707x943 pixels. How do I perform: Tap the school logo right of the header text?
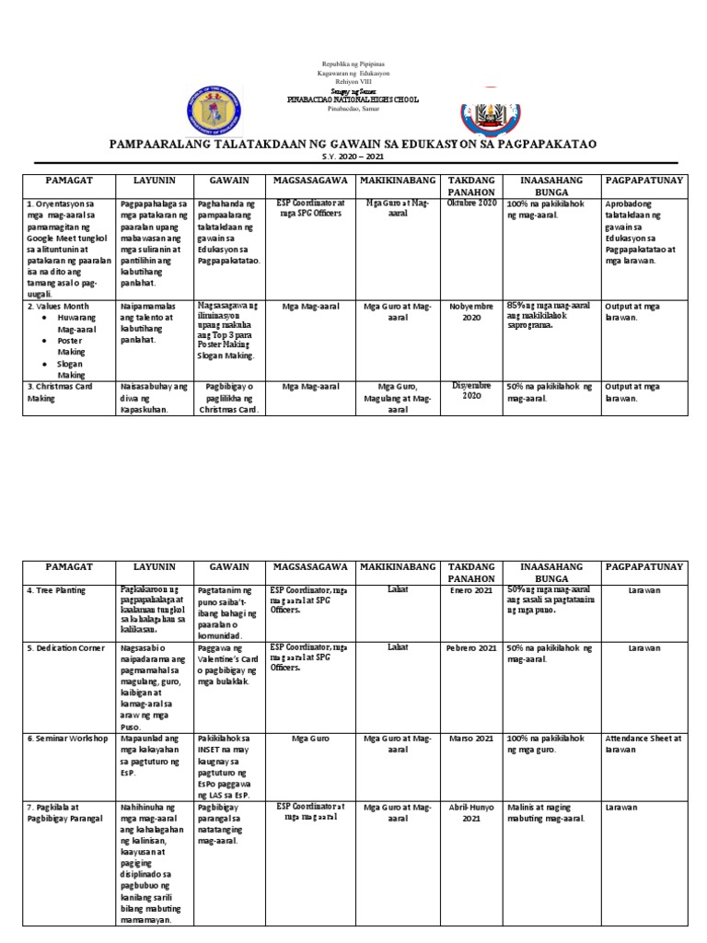(x=489, y=107)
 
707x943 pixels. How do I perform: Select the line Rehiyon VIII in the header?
(x=353, y=82)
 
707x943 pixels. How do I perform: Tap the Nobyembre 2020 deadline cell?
(x=471, y=311)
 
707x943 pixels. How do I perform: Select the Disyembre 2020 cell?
(x=471, y=390)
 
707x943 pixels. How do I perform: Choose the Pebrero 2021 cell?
(x=471, y=648)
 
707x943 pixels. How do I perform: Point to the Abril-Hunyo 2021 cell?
(x=471, y=812)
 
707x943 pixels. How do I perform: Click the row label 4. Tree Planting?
(x=57, y=589)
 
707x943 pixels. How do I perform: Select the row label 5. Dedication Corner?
(x=66, y=648)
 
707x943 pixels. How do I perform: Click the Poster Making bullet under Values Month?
(x=71, y=345)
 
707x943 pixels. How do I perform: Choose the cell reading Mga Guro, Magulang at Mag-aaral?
(x=396, y=397)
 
